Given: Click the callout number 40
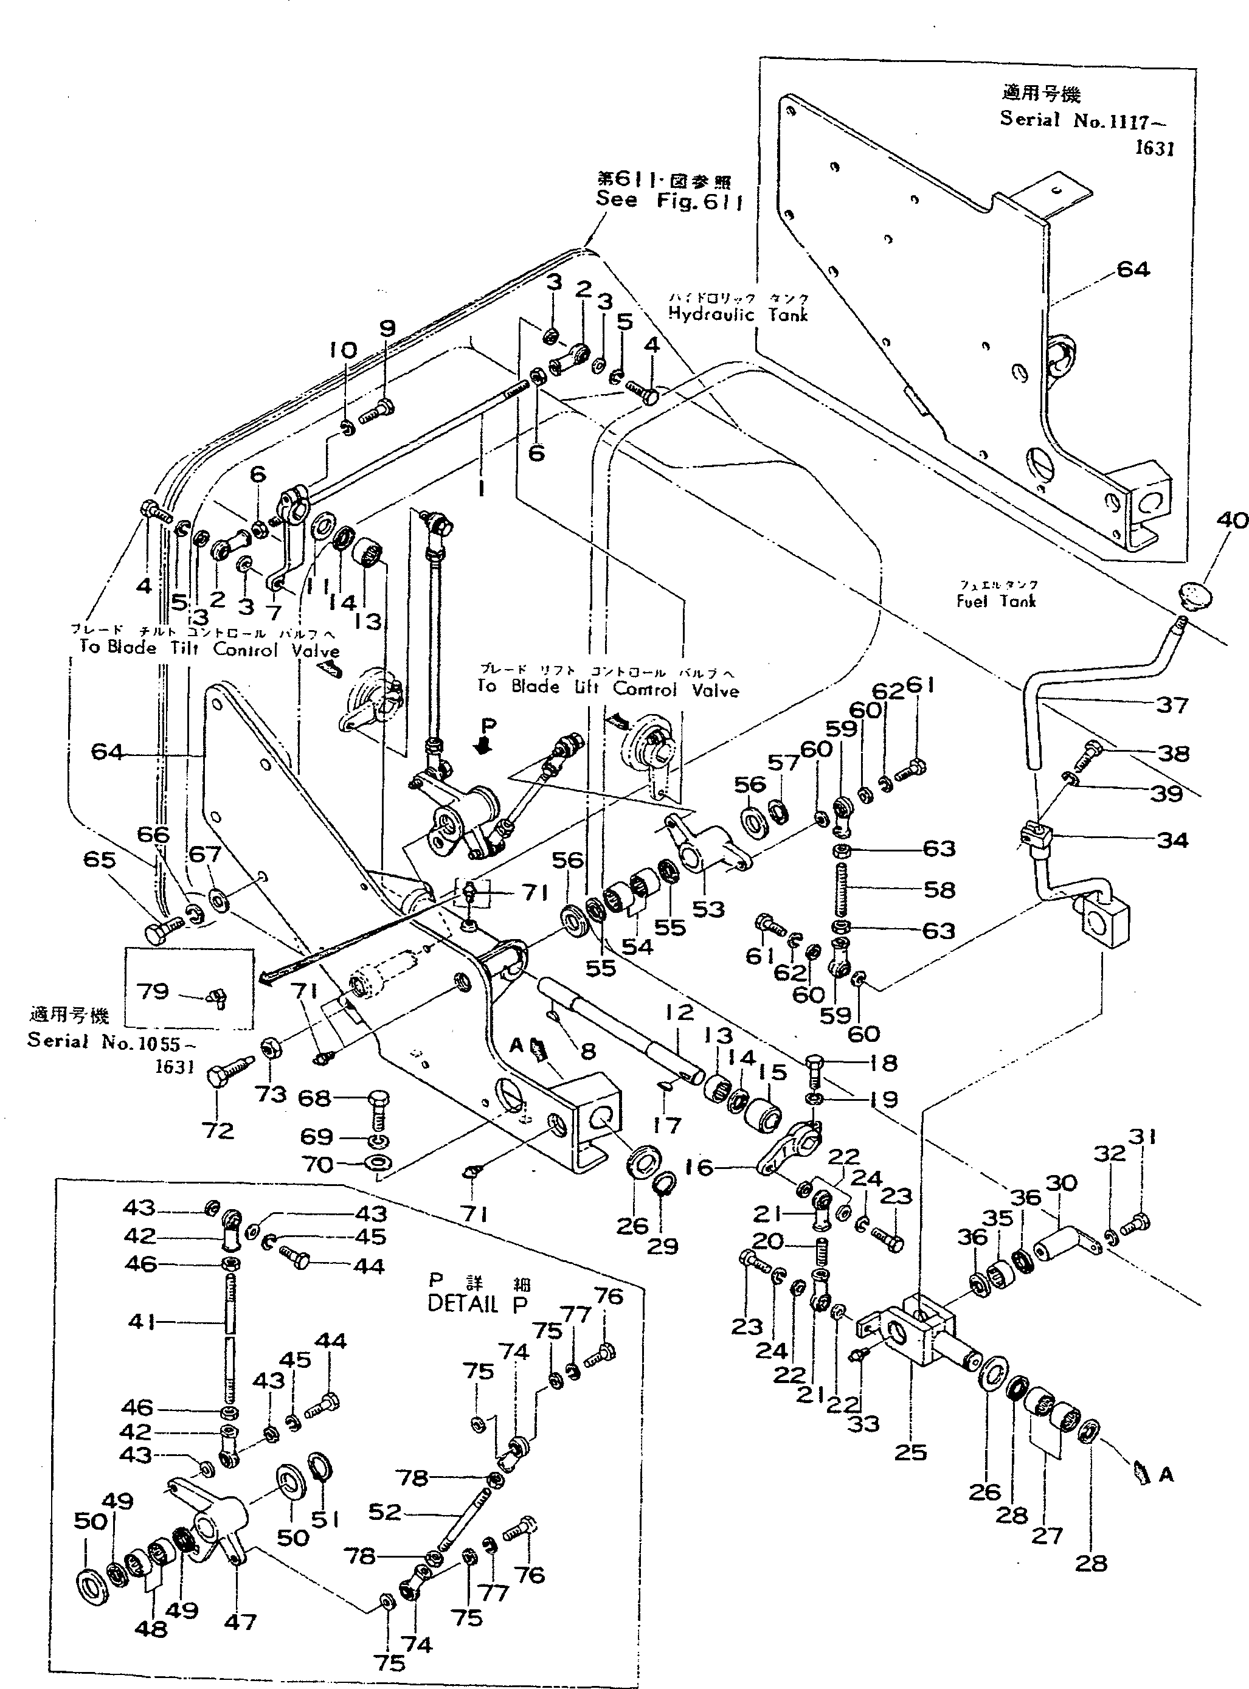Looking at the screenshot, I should tap(1233, 520).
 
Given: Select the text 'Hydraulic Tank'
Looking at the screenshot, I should tap(738, 314).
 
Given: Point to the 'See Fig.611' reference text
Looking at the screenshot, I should tap(669, 199).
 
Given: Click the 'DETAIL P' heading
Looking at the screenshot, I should tap(477, 1303).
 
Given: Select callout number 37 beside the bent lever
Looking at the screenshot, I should tap(1172, 705).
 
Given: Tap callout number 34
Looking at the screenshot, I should tap(1172, 839).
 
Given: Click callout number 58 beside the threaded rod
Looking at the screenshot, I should tap(939, 889).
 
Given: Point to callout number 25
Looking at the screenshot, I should tap(910, 1452).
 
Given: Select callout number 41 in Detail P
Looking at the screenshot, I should tap(142, 1322).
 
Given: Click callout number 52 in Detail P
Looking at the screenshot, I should tap(385, 1511).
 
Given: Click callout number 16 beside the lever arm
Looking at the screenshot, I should tap(699, 1167).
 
